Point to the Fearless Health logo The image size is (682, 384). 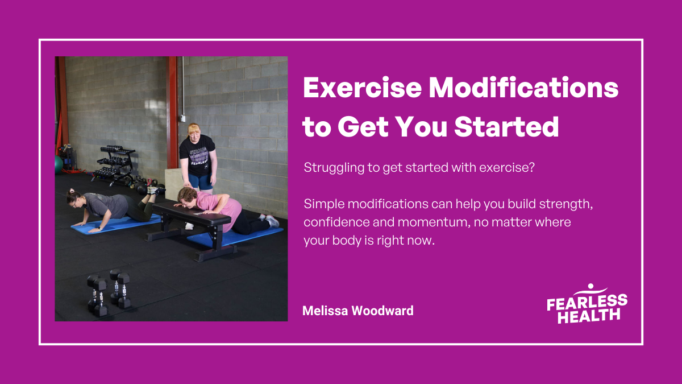587,304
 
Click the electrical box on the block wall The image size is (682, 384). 183,118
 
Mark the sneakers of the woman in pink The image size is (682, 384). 272,221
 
